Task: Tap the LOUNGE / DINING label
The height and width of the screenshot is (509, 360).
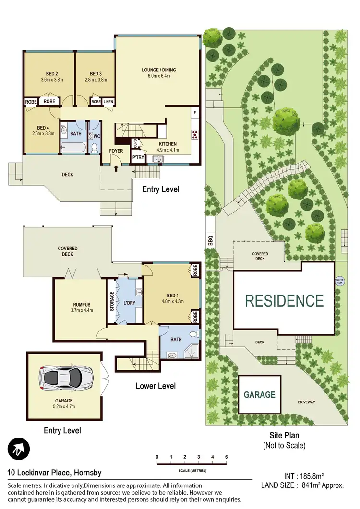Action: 158,70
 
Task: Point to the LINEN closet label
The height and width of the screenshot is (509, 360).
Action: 108,102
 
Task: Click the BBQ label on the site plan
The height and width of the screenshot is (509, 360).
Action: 210,240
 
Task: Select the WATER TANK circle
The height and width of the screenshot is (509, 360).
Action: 340,281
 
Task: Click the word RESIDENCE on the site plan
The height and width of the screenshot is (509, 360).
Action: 284,301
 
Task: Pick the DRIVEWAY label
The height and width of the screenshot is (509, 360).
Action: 306,402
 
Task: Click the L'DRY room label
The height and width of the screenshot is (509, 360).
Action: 130,304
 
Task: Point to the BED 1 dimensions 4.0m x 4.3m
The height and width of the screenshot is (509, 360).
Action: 172,301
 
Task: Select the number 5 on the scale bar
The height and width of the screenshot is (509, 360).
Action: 226,456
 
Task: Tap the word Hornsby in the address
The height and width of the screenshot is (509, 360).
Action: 87,473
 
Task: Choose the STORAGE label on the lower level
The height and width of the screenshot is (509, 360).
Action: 112,301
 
